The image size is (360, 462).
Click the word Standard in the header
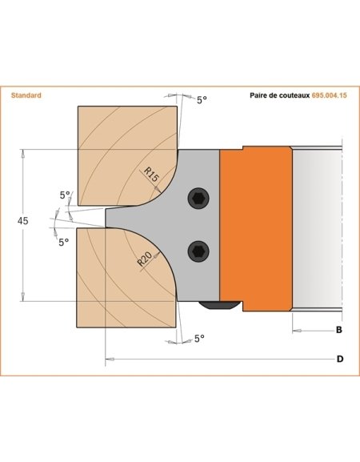(26, 95)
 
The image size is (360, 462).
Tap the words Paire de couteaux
(274, 95)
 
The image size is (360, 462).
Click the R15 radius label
(152, 174)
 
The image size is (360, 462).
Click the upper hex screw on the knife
(196, 199)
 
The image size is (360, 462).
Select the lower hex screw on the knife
(196, 251)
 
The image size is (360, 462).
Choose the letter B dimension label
(338, 330)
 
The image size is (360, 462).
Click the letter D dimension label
(339, 359)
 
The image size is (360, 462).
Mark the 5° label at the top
(202, 100)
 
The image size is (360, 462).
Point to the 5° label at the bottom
(200, 339)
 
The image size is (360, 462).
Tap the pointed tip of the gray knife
(107, 217)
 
